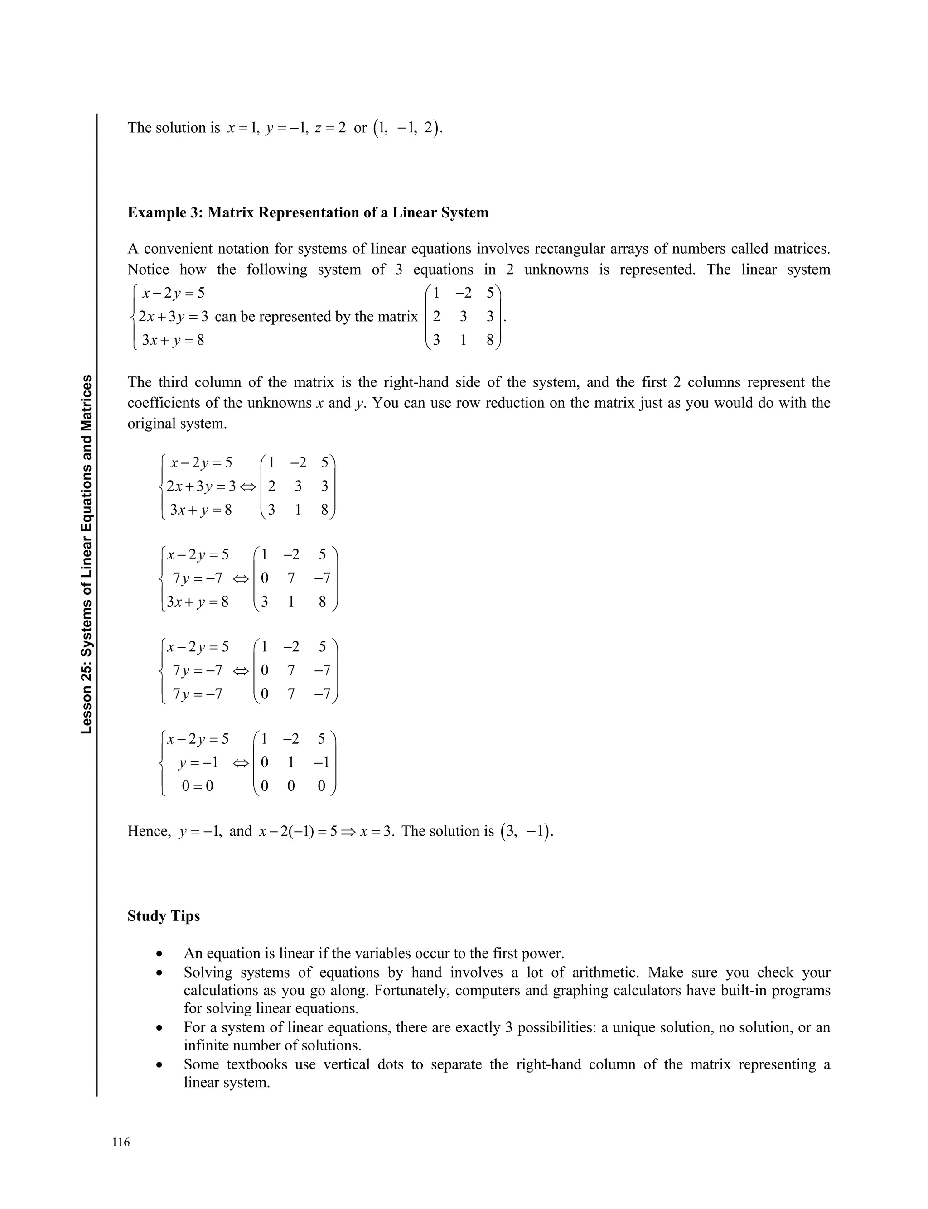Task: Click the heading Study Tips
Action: pos(164,916)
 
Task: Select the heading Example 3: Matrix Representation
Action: pos(308,212)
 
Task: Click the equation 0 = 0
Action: pos(197,785)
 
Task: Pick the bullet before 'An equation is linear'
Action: pos(159,954)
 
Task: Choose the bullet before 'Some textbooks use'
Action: pos(159,1065)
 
